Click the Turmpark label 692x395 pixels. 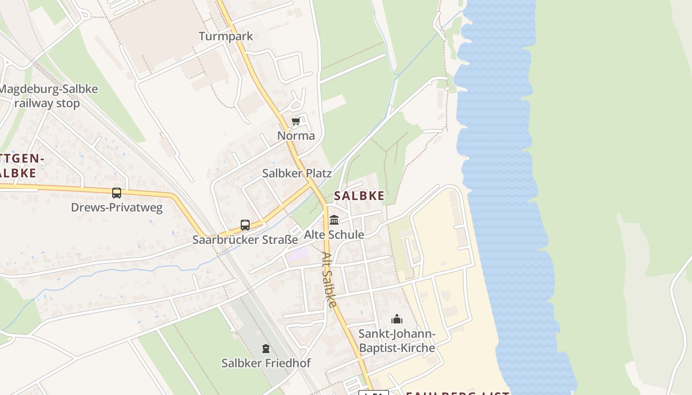click(225, 36)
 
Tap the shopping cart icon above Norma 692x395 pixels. click(296, 121)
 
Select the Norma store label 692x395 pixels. click(296, 135)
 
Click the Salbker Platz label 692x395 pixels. click(297, 173)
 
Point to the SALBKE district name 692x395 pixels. click(359, 196)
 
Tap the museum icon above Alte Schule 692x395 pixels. click(334, 220)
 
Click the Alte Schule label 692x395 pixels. click(334, 235)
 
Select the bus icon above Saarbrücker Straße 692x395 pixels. click(245, 225)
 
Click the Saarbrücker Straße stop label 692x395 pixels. click(245, 240)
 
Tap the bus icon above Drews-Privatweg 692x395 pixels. click(117, 193)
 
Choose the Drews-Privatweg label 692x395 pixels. click(117, 207)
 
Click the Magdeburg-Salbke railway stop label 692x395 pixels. click(48, 96)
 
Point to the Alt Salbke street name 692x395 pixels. click(329, 279)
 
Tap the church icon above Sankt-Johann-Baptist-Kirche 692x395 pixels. click(396, 319)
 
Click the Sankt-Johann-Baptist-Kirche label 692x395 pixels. click(396, 341)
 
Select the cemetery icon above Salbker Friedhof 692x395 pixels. click(266, 349)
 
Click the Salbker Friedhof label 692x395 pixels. click(266, 363)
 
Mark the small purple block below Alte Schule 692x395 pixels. click(298, 255)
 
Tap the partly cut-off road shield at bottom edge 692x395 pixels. click(373, 393)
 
